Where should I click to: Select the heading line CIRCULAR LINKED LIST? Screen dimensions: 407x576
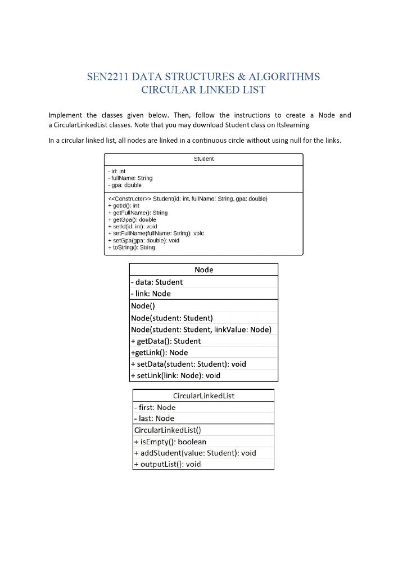[203, 90]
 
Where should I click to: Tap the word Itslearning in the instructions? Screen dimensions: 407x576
[291, 125]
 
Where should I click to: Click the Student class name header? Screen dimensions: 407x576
[203, 159]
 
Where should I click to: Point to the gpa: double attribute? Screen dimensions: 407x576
[125, 185]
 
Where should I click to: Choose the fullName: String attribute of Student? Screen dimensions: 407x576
[130, 178]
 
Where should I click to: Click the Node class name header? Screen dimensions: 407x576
[203, 270]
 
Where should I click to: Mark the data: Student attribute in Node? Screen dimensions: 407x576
[157, 282]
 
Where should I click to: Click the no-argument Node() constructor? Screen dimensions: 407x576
[143, 306]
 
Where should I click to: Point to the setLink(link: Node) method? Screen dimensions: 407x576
[175, 376]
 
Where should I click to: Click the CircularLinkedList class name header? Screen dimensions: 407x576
[203, 396]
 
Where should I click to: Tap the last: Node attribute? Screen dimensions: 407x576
[154, 418]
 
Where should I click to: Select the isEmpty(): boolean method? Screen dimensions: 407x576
[170, 442]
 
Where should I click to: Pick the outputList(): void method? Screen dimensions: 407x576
[167, 465]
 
